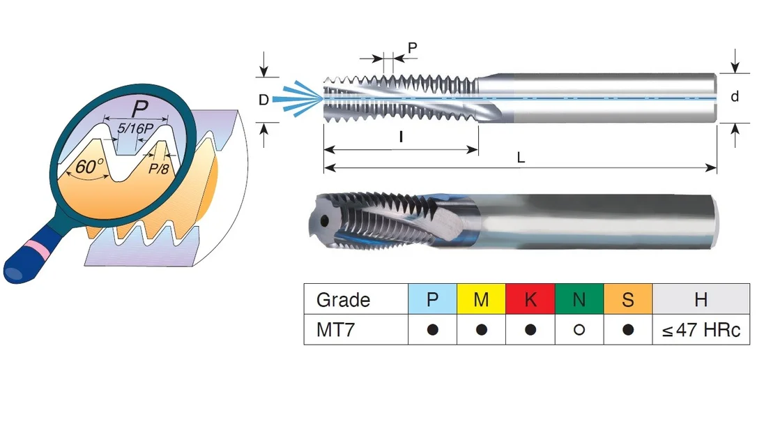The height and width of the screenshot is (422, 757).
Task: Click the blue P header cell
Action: [433, 299]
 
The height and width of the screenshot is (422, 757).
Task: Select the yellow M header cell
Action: [482, 299]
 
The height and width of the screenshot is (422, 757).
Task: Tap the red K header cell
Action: [530, 299]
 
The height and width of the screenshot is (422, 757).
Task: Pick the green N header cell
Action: [579, 299]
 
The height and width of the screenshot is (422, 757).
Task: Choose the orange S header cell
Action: [628, 299]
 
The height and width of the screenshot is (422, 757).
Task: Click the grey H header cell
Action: [701, 299]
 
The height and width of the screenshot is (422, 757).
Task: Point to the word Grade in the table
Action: [343, 300]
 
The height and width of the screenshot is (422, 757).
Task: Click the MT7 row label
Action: [335, 330]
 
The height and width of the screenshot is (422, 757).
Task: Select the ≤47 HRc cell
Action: [701, 330]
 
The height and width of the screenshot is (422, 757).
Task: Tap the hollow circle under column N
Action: [579, 330]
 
